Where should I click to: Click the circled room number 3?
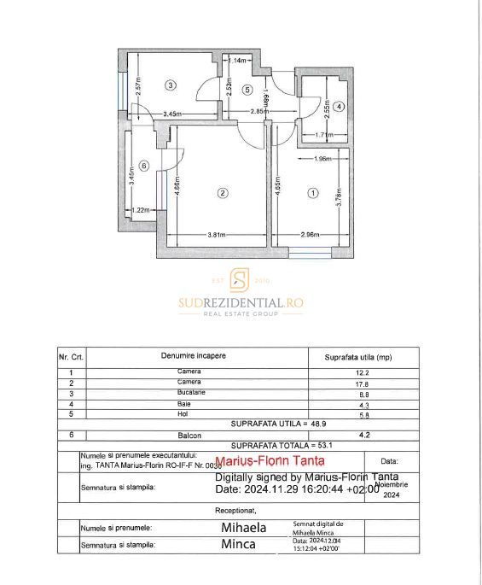171,85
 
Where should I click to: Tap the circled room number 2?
222,193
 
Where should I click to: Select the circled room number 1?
312,193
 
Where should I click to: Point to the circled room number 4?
339,107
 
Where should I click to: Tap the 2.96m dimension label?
309,234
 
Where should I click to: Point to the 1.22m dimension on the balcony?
140,209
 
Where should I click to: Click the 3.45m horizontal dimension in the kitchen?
173,113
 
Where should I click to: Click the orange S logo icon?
241,280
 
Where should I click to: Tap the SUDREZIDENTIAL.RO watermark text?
241,302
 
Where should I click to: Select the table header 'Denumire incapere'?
193,355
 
